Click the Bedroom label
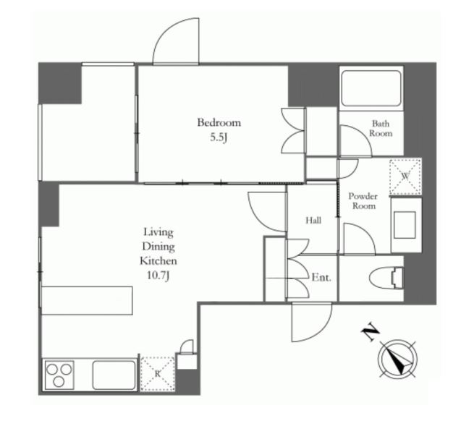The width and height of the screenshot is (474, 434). click(219, 123)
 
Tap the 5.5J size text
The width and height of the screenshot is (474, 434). click(219, 138)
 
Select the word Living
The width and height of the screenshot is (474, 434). click(158, 233)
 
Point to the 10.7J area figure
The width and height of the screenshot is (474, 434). click(158, 276)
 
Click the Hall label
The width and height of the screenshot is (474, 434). click(313, 221)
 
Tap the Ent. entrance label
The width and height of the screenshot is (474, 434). click(321, 278)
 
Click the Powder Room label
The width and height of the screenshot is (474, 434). click(363, 201)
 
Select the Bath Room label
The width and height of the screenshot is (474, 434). click(381, 129)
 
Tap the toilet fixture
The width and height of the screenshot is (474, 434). click(386, 278)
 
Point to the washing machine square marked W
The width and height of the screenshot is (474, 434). click(405, 176)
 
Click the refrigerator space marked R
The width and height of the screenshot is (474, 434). click(158, 374)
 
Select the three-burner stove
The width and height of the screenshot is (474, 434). click(59, 375)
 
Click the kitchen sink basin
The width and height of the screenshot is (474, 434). click(114, 375)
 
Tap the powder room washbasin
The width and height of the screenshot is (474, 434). click(405, 225)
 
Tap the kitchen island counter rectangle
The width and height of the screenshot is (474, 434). click(87, 300)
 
